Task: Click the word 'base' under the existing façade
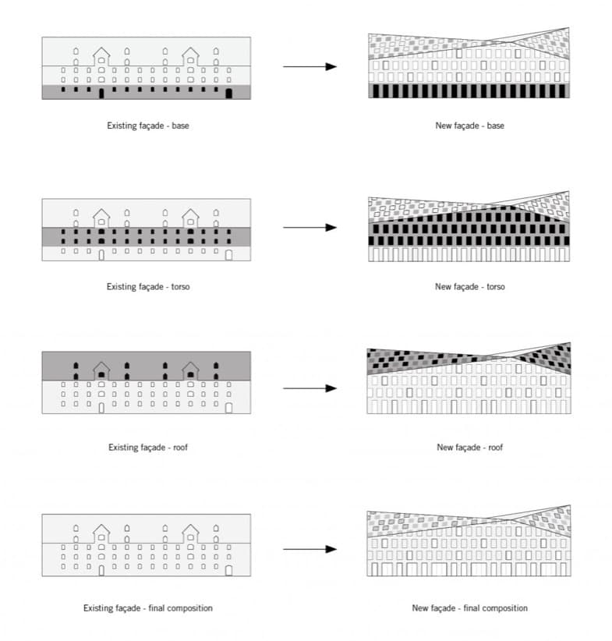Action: [x=180, y=126]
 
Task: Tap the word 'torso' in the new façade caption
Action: [x=496, y=286]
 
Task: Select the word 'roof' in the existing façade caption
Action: [x=180, y=448]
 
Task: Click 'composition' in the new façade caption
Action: [x=505, y=608]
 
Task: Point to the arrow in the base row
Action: [x=310, y=66]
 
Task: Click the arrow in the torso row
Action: [x=310, y=227]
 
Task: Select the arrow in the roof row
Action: [x=310, y=388]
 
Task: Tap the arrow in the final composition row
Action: [x=310, y=549]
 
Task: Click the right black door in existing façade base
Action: [x=228, y=94]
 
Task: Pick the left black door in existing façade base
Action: [x=101, y=94]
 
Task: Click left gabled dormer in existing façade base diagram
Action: [x=101, y=56]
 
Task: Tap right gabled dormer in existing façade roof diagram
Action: [x=190, y=370]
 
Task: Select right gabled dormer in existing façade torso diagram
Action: [x=190, y=218]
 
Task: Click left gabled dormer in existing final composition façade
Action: [x=101, y=533]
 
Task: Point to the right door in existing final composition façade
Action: [x=228, y=570]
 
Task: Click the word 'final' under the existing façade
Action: [x=156, y=608]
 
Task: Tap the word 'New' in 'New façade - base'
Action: [x=443, y=126]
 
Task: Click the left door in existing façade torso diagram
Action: [x=101, y=255]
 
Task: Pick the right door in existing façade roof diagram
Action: [x=228, y=408]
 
